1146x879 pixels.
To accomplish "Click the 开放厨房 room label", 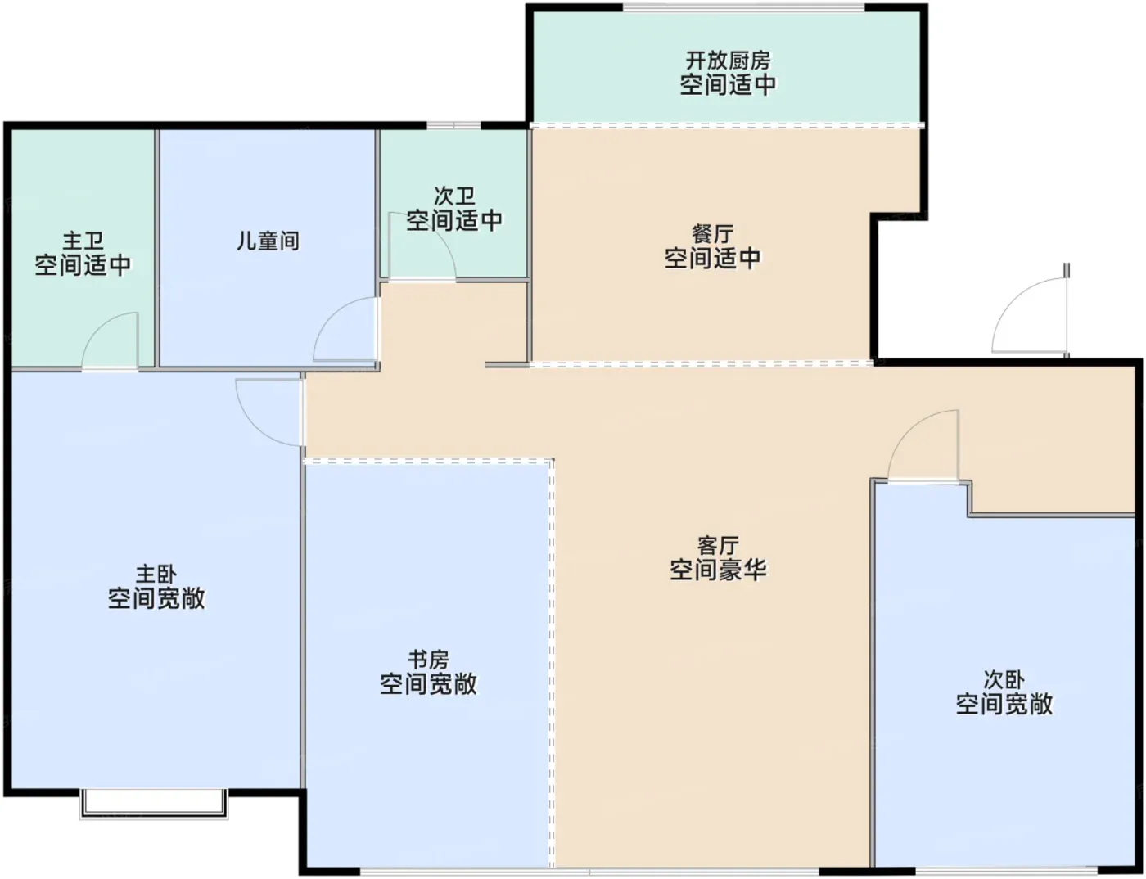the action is click(x=727, y=61).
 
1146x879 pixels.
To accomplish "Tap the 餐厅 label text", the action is click(x=712, y=235).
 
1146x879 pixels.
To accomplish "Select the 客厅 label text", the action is click(x=718, y=546).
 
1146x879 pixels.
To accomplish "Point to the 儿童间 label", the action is click(x=268, y=241).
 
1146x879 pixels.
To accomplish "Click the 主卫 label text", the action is click(x=83, y=241).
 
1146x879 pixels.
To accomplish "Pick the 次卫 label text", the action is click(x=454, y=196).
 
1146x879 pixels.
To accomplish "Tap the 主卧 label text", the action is click(x=156, y=575).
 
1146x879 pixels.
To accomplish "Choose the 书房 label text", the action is click(x=428, y=660).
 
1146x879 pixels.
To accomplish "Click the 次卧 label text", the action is click(x=1004, y=680).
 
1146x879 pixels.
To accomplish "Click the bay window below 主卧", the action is click(x=153, y=804).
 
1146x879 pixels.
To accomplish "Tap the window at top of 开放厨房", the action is click(x=743, y=8).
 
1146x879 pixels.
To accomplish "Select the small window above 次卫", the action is click(x=453, y=125).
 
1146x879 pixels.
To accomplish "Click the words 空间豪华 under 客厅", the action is click(x=718, y=570).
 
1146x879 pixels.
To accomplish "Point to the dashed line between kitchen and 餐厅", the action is click(x=727, y=125).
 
